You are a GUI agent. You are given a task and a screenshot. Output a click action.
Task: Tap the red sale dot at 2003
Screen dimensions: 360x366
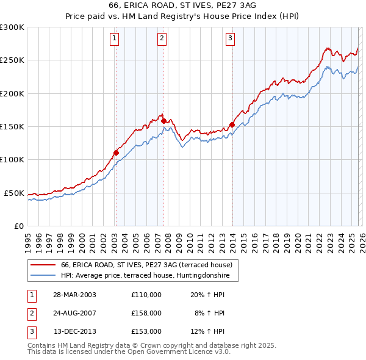coord(116,153)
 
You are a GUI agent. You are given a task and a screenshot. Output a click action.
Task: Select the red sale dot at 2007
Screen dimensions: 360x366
coord(163,121)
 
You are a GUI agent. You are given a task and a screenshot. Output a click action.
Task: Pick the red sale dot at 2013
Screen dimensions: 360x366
coord(232,124)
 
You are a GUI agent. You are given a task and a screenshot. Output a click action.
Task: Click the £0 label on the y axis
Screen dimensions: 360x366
coord(18,226)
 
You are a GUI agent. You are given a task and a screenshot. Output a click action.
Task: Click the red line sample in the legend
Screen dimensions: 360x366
coord(43,265)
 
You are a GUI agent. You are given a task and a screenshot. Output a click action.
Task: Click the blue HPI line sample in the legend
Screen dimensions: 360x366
coord(43,275)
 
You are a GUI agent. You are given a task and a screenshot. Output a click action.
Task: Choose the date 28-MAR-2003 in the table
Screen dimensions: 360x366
coord(74,295)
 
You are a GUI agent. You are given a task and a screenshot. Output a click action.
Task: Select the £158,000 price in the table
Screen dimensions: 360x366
coord(146,313)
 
